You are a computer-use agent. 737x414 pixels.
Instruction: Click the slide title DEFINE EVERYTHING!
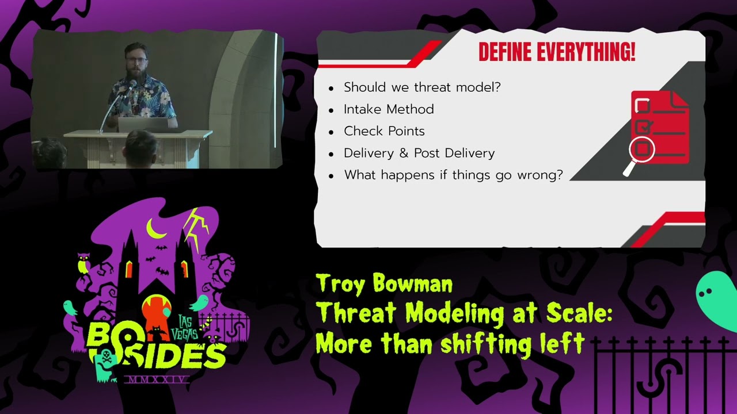[x=556, y=52]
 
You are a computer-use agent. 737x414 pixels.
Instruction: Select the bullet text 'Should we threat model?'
[x=422, y=87]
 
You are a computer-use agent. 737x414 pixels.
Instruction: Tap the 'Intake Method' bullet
[x=389, y=109]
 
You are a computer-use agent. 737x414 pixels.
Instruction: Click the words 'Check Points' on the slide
[x=384, y=131]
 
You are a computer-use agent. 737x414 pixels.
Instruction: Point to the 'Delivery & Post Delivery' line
[x=419, y=153]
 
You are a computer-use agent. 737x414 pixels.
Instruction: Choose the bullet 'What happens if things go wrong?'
[x=453, y=175]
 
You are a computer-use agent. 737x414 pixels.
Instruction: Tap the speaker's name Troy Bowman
[x=384, y=283]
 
